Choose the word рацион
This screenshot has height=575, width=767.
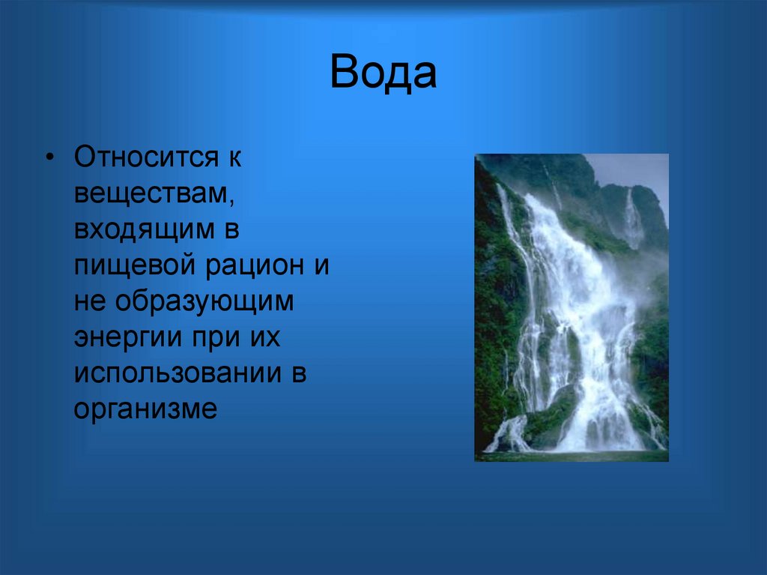click(x=249, y=266)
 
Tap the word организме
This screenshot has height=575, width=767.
click(x=145, y=409)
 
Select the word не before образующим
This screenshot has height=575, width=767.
click(x=89, y=302)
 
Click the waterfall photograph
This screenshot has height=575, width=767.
click(x=572, y=307)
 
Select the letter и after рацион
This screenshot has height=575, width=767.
click(x=321, y=267)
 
